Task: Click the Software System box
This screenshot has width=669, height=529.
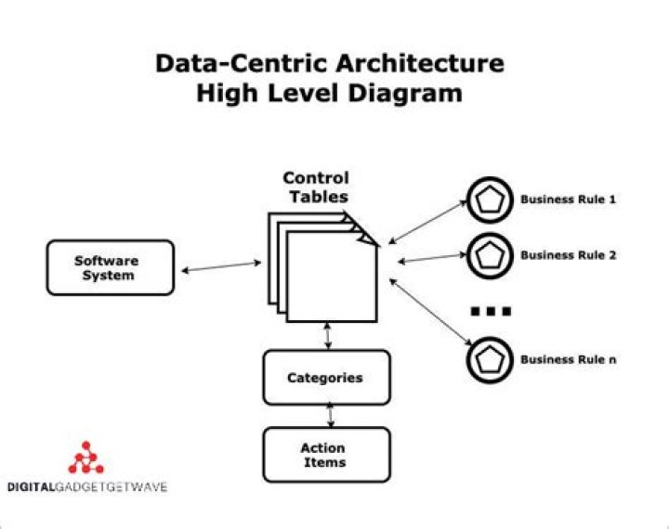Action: coord(110,267)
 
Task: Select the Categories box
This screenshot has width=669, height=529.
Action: coord(325,377)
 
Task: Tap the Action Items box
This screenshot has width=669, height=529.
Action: coord(325,455)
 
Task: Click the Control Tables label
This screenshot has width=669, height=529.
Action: coord(316,187)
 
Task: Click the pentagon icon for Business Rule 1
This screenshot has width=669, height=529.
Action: coord(490,199)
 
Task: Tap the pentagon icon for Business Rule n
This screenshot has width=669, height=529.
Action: coord(490,359)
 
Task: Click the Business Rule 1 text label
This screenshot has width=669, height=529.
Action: coord(568,199)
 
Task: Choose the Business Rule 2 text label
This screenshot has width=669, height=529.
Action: coord(568,255)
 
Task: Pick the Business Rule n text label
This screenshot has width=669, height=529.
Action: coord(568,359)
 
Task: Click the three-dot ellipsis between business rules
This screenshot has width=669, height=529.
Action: coord(490,311)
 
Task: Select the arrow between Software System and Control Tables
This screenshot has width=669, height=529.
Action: coord(222,267)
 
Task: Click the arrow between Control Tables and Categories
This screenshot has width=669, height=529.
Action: coord(327,336)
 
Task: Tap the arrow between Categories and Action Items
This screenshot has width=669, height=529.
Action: coord(329,416)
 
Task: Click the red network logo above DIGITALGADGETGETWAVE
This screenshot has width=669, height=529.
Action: coord(87,458)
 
